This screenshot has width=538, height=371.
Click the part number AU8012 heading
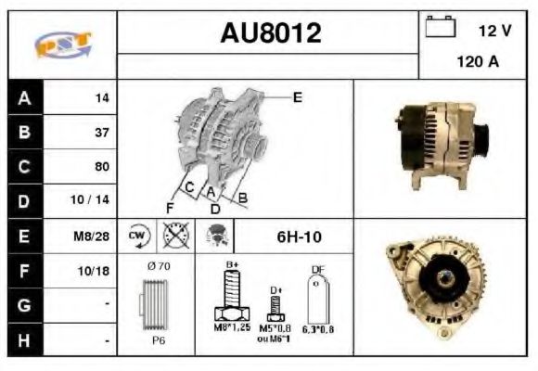(x=271, y=33)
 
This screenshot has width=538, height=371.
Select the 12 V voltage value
(x=494, y=31)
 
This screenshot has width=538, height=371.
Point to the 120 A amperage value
(x=479, y=62)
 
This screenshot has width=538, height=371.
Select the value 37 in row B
(x=101, y=132)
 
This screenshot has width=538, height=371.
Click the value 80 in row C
(x=101, y=167)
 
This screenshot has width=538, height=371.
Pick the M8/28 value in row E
(x=93, y=237)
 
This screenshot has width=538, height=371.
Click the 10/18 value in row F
(x=94, y=271)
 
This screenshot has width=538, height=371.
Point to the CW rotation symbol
(x=137, y=236)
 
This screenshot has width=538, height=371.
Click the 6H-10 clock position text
(x=299, y=237)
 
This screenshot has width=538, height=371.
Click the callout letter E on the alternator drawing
(x=297, y=96)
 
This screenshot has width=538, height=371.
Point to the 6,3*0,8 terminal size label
(x=319, y=328)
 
